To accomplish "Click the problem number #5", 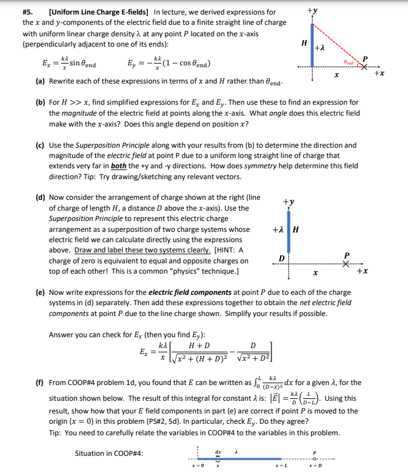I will click(28, 12).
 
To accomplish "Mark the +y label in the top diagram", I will click(312, 10).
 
